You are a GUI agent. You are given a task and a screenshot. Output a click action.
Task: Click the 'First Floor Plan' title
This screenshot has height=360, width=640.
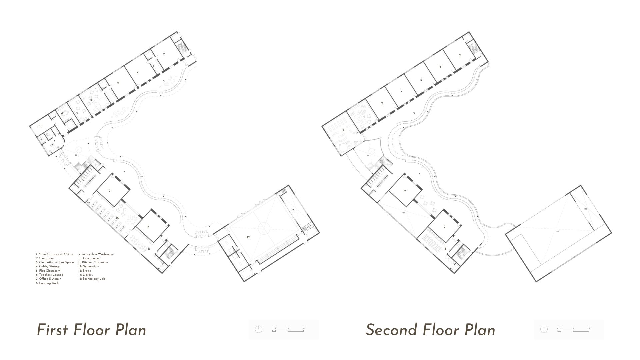point(91,330)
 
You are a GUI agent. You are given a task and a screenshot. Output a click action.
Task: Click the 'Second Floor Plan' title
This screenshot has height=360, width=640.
point(430,330)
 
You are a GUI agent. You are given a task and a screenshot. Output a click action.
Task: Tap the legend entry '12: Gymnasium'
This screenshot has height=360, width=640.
point(89,266)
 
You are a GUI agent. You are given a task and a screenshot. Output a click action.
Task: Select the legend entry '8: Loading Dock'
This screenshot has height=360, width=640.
point(47,283)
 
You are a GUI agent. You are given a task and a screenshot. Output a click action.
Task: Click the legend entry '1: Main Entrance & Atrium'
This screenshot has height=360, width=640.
point(54,254)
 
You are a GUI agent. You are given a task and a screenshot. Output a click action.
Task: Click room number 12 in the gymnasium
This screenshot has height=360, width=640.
point(248,237)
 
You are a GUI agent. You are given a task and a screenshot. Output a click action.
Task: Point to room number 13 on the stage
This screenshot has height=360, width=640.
point(293,210)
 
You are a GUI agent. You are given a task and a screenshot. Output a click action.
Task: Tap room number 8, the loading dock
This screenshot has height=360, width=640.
point(39,126)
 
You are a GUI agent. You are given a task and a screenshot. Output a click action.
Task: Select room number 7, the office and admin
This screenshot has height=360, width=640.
point(54,141)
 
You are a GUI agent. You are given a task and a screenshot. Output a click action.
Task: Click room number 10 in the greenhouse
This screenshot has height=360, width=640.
point(117,217)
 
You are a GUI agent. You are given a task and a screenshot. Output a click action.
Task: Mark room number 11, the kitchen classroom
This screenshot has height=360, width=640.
point(149,249)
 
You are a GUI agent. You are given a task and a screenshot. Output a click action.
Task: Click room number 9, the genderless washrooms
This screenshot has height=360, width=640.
point(84,179)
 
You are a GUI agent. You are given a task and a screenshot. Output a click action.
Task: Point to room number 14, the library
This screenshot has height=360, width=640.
point(342,130)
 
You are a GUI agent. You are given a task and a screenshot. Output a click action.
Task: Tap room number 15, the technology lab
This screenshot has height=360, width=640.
point(445,249)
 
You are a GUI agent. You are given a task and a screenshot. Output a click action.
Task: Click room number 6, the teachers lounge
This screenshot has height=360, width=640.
point(62,113)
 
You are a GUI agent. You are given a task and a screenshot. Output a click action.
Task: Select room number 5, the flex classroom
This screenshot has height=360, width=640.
point(77,113)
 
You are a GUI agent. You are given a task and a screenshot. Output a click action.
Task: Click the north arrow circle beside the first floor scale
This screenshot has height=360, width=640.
point(259,329)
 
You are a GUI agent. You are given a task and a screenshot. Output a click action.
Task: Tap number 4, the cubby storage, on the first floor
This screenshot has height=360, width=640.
point(153,66)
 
